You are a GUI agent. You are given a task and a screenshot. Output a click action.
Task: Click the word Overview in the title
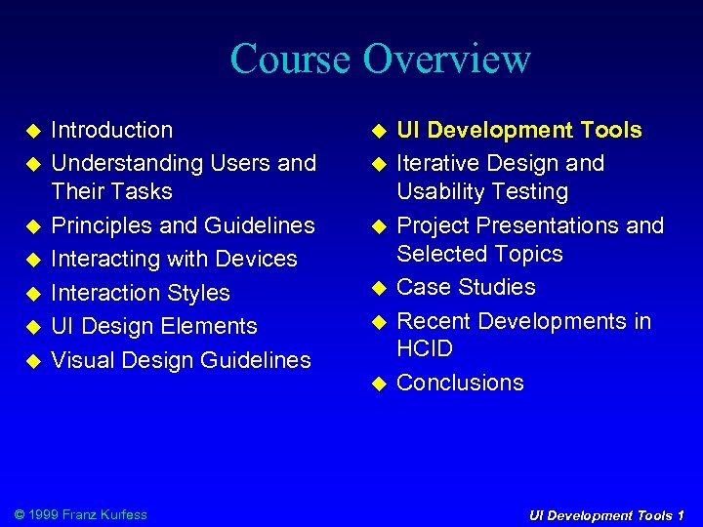(446, 59)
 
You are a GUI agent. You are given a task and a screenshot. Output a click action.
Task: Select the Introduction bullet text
(111, 130)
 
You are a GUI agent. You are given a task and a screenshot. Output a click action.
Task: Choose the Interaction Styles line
(141, 293)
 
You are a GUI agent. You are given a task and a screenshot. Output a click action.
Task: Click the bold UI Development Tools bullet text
(519, 130)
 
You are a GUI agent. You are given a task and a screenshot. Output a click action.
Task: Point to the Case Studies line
(467, 287)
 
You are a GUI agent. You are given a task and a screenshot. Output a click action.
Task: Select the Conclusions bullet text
(460, 383)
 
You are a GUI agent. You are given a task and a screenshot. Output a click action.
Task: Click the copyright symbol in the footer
(21, 514)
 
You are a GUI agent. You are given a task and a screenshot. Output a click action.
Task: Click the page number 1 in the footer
(681, 515)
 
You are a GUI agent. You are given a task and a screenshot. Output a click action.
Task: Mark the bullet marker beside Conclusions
(380, 384)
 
